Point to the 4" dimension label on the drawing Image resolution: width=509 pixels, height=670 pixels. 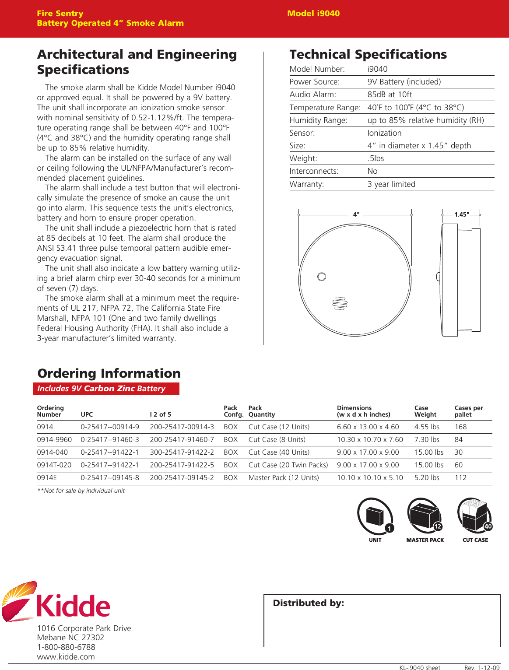(x=356, y=214)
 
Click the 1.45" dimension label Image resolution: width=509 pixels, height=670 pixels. (x=461, y=214)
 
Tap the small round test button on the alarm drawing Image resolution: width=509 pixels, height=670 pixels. (x=322, y=277)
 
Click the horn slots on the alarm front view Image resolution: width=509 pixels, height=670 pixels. (x=340, y=303)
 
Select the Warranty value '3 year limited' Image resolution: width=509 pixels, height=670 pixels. (x=391, y=184)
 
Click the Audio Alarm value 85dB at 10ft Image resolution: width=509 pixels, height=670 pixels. (x=390, y=95)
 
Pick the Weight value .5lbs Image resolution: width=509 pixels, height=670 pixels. (x=376, y=158)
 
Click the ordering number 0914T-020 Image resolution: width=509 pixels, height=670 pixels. (x=54, y=465)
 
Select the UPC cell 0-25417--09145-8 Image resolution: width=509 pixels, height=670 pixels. (x=110, y=477)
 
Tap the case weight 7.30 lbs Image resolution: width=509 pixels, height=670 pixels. (x=427, y=439)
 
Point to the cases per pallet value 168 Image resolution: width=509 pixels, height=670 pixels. (x=460, y=427)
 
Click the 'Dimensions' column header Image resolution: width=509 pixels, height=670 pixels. (x=354, y=408)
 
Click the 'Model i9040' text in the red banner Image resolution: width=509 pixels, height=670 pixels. (x=313, y=14)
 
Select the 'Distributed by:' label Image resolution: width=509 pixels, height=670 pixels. (x=309, y=603)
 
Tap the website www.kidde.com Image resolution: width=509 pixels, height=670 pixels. (x=66, y=656)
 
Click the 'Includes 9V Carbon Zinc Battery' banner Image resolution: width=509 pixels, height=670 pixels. (x=106, y=389)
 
